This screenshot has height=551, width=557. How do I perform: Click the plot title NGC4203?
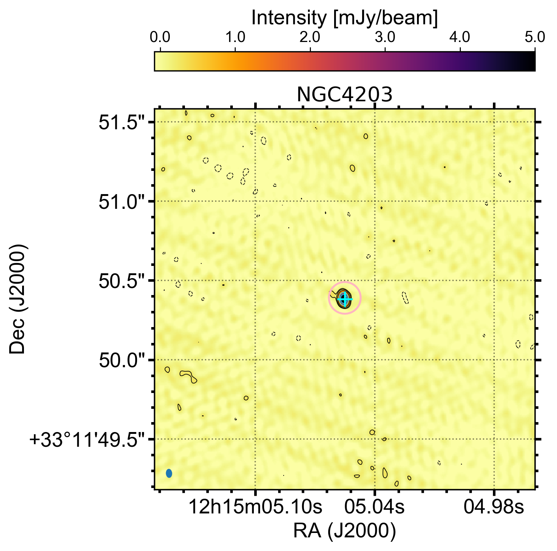click(x=344, y=95)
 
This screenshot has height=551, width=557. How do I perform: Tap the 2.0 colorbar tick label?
click(x=310, y=38)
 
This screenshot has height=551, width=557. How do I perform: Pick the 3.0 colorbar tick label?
click(x=385, y=38)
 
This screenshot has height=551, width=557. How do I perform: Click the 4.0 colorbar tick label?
click(x=460, y=38)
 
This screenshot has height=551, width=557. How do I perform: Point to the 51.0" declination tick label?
click(x=122, y=203)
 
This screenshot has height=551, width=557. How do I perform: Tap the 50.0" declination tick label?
click(x=122, y=361)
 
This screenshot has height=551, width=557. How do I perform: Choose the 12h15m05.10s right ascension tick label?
click(x=255, y=508)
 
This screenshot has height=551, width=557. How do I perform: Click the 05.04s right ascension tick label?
click(x=374, y=508)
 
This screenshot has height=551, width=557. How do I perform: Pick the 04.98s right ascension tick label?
click(x=494, y=508)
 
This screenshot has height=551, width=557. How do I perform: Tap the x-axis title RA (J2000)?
click(x=344, y=531)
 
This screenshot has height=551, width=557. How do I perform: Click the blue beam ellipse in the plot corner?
click(x=169, y=473)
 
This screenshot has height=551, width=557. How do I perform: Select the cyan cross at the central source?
click(x=344, y=299)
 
